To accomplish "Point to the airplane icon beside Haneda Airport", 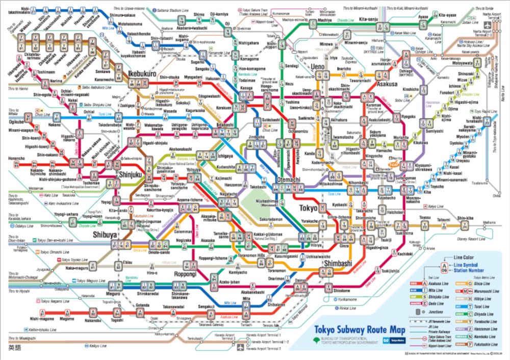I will click(x=241, y=347).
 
